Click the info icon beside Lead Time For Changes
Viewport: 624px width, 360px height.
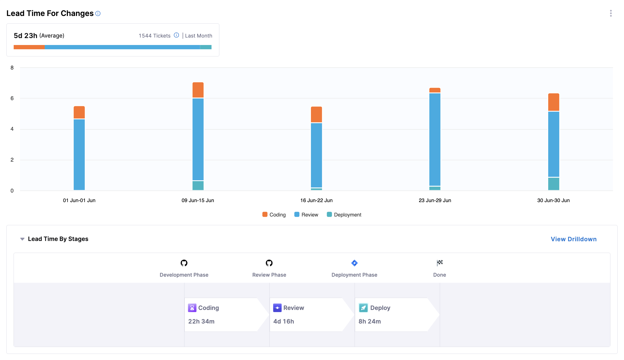click(98, 14)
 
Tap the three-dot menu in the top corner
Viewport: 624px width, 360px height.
click(611, 13)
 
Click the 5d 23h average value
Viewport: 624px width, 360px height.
click(25, 36)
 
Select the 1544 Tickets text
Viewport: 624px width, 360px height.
click(154, 36)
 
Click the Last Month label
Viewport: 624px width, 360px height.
click(199, 36)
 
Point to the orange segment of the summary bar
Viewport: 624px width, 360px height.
click(29, 47)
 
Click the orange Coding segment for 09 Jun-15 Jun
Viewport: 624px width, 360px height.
click(198, 90)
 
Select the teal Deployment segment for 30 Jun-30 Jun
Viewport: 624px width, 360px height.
click(553, 184)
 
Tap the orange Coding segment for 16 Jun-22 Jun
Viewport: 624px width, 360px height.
click(316, 114)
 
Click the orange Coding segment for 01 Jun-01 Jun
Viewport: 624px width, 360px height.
click(79, 112)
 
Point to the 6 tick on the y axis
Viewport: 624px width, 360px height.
click(12, 98)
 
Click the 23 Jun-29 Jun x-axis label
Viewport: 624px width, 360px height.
click(435, 200)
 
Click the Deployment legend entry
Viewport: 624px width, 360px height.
click(344, 215)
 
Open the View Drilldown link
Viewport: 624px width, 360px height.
click(573, 239)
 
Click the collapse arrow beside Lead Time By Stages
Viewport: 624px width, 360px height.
click(22, 239)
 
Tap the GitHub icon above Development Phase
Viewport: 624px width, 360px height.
click(184, 263)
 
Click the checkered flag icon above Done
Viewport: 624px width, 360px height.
click(440, 263)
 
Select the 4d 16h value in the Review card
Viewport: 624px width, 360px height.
click(284, 321)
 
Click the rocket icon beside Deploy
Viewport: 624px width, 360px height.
click(363, 308)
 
